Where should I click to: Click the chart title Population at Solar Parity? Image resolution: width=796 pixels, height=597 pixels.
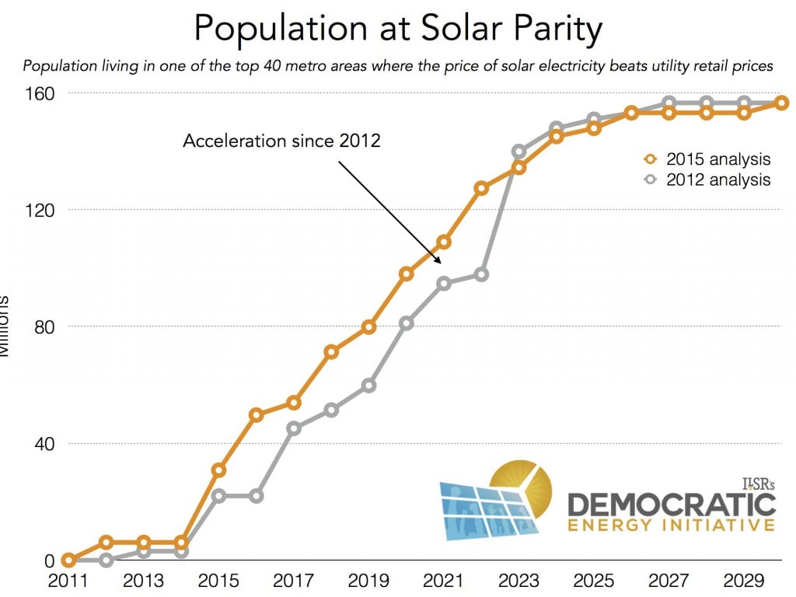[397, 29]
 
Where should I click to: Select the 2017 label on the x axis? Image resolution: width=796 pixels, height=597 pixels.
[292, 581]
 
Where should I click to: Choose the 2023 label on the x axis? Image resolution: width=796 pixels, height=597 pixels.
[518, 581]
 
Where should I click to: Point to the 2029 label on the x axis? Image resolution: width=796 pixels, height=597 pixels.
[743, 581]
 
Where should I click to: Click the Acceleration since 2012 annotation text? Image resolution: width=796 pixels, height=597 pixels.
[281, 141]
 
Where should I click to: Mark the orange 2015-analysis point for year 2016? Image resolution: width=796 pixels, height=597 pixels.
[257, 415]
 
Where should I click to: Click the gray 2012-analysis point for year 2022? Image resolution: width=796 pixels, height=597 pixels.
[481, 274]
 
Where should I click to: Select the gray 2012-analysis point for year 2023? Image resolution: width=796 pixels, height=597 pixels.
[518, 152]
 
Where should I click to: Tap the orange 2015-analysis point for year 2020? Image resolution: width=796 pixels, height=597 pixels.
[406, 274]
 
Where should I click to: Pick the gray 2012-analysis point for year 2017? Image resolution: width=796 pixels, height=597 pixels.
[294, 428]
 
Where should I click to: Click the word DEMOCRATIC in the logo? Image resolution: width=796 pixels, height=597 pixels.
[671, 504]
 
